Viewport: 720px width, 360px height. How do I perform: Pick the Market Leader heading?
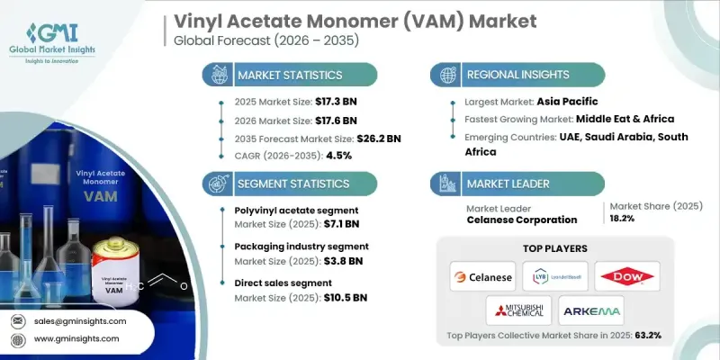point(509,184)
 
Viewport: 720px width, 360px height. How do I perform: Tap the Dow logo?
point(627,276)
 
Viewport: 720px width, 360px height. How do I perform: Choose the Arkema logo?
point(590,311)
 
